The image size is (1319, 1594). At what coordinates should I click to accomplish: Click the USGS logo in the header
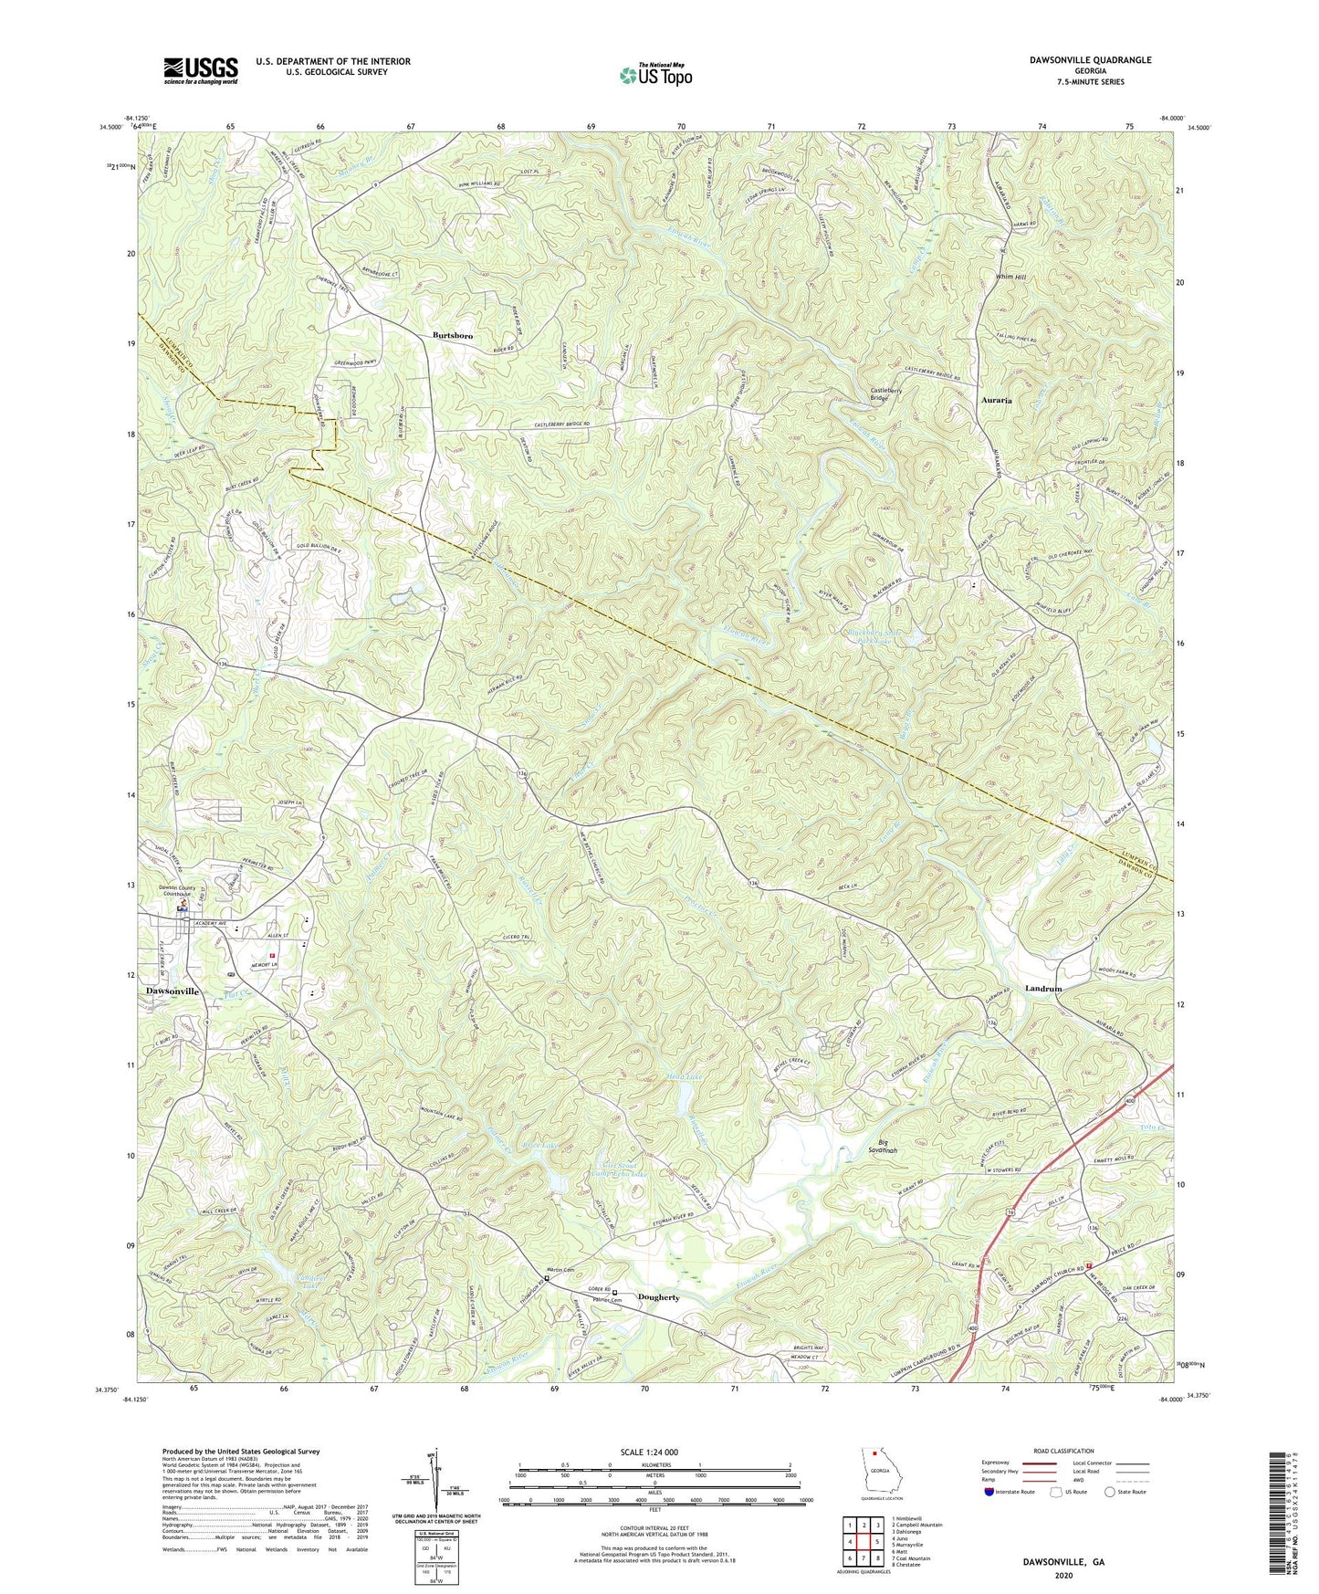click(x=201, y=70)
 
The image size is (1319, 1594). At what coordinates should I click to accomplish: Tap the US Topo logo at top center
click(x=654, y=75)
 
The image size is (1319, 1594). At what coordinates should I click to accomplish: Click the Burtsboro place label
click(x=452, y=336)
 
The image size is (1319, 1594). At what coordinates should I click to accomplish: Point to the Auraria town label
click(x=996, y=400)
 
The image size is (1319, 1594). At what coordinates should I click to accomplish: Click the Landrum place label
click(x=1043, y=989)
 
